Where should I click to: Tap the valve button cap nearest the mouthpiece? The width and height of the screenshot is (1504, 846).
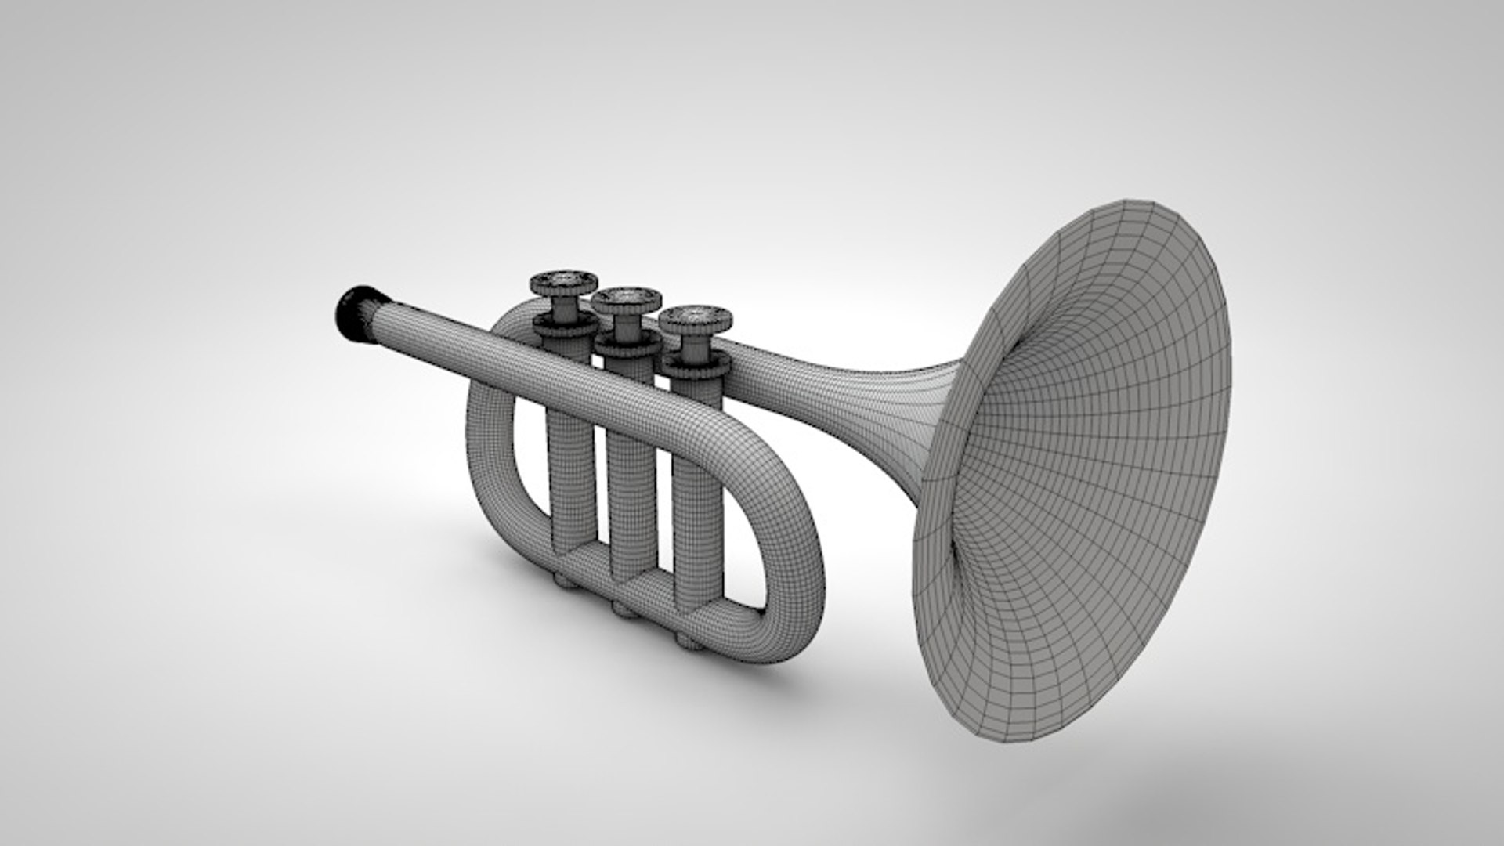pos(563,280)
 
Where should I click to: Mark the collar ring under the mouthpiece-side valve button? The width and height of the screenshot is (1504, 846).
pos(562,324)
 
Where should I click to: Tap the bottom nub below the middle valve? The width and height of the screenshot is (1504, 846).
pos(624,609)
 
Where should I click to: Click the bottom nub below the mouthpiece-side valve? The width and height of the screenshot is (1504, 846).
pos(562,580)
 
